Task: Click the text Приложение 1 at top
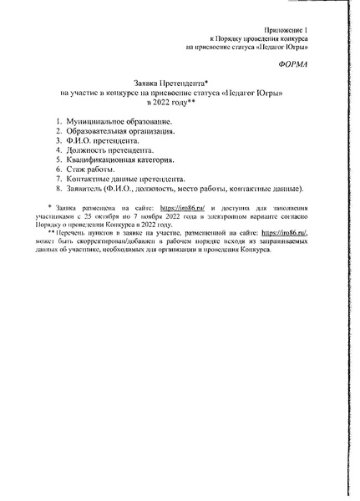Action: click(284, 29)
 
